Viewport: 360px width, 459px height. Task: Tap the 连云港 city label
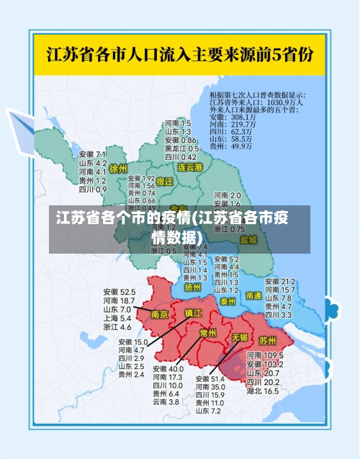191,167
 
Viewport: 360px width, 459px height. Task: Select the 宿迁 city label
164,182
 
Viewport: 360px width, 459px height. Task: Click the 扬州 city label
192,287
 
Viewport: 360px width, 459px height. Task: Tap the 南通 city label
253,295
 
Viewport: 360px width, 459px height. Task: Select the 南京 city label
160,314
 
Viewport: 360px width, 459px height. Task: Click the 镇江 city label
194,313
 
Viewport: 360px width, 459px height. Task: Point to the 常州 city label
209,332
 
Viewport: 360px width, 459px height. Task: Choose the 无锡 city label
239,337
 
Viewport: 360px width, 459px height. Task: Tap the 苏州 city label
268,340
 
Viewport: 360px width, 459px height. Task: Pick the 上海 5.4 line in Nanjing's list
117,318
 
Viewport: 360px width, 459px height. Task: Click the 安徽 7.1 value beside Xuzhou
93,154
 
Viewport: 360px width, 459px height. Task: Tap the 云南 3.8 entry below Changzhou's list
165,401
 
